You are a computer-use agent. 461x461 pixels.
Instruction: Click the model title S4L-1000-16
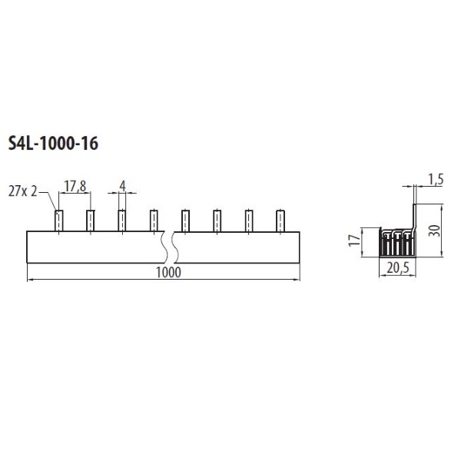[53, 144]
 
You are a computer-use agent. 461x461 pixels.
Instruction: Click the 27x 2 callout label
[22, 192]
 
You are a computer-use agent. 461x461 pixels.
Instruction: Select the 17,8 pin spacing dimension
[75, 187]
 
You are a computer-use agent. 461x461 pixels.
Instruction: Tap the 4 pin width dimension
[122, 186]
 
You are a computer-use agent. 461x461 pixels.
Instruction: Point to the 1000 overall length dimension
[168, 272]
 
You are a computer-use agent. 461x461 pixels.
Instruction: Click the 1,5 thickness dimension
[435, 180]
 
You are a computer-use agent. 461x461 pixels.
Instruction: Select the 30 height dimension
[434, 230]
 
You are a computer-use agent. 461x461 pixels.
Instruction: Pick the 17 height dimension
[354, 240]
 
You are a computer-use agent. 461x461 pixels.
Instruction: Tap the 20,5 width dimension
[398, 268]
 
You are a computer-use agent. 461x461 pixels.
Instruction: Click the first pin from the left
[59, 221]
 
